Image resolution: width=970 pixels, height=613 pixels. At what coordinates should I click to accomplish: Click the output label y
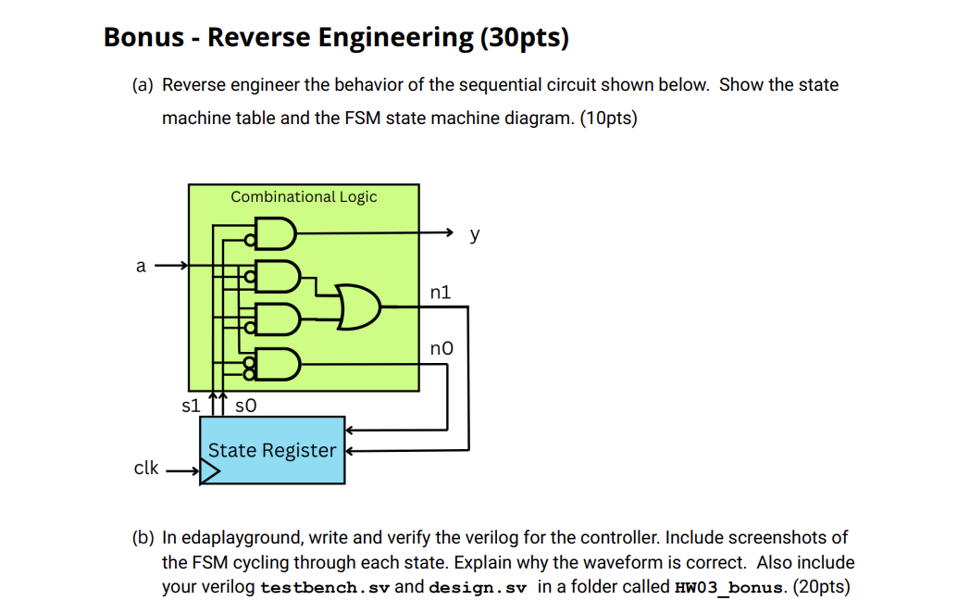[x=475, y=234]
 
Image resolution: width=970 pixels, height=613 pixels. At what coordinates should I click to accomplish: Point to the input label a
[x=141, y=267]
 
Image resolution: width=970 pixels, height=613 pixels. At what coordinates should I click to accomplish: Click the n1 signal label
[x=441, y=292]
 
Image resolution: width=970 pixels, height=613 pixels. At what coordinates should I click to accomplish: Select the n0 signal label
[x=441, y=349]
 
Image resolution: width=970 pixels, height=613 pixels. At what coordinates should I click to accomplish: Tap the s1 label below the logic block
[x=191, y=405]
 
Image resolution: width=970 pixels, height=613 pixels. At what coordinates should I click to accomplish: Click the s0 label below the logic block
[x=245, y=405]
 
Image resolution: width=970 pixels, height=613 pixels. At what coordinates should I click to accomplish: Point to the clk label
[x=146, y=468]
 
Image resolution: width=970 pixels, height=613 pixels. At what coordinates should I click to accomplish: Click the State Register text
[x=271, y=450]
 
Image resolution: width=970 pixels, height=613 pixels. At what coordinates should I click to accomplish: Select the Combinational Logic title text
[x=304, y=196]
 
